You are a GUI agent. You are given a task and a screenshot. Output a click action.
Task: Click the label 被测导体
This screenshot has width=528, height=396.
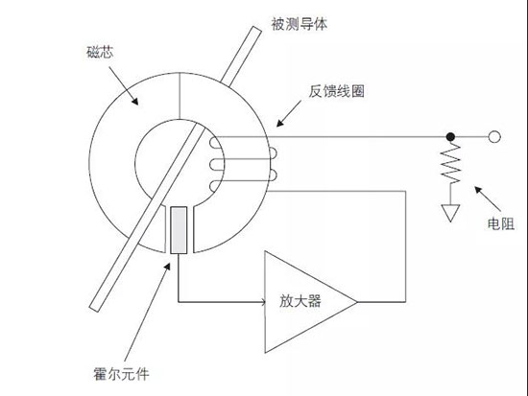pos(299,24)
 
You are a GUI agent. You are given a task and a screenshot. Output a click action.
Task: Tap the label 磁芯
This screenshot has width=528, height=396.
pos(100,52)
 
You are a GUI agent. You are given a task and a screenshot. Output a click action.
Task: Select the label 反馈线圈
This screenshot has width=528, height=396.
pos(337,91)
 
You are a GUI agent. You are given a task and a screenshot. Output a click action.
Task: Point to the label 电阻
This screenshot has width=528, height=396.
pos(501,223)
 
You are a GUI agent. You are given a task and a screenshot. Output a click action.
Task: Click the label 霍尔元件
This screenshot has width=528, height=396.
pos(121,374)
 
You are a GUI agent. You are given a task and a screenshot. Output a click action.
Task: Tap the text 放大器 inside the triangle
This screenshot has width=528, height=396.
pos(300,301)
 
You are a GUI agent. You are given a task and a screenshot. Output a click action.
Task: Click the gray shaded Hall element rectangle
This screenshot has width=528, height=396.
pos(179,230)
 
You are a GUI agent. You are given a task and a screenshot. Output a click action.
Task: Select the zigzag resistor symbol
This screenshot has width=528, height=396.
pos(450,163)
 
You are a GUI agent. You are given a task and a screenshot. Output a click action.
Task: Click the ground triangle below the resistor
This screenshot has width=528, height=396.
pos(450,213)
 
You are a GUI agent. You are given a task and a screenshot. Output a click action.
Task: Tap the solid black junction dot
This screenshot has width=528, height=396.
pos(450,137)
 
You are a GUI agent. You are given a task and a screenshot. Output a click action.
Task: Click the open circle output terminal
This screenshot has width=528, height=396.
pos(494,137)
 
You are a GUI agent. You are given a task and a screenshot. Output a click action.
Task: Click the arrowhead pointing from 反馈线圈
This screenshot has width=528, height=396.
pos(278,124)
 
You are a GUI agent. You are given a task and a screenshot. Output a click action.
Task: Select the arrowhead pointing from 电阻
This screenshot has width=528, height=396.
pos(477,189)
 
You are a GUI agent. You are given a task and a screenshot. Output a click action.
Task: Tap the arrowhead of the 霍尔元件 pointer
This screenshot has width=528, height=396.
pos(168,267)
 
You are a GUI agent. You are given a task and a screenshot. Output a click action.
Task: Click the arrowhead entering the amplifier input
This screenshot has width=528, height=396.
pos(264,302)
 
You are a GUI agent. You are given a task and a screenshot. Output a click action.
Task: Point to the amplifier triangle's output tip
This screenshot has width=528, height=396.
pos(356,302)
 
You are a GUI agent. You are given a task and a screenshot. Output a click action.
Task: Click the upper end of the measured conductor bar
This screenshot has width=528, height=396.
pos(257,29)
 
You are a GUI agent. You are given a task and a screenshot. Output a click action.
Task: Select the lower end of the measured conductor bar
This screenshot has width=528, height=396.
pos(94,309)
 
